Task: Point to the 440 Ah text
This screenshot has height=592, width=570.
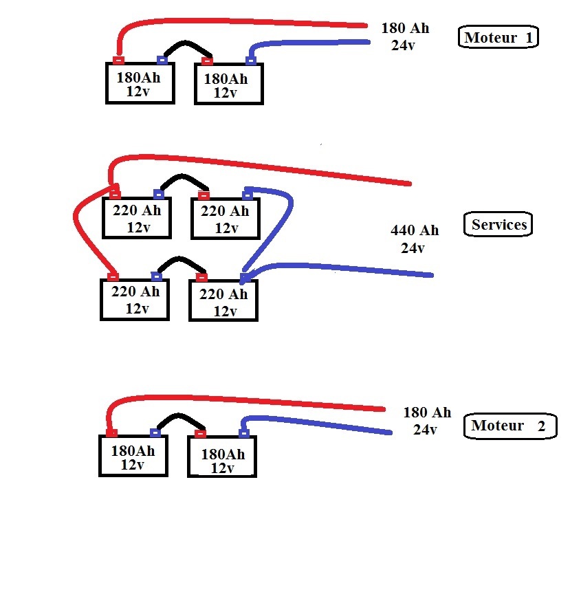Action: tap(415, 230)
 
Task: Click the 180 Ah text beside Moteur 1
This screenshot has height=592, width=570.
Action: tap(405, 28)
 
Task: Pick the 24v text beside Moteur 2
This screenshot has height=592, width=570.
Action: tap(425, 430)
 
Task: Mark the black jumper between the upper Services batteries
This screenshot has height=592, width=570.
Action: tap(183, 176)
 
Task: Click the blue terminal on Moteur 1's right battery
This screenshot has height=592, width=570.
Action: tap(251, 60)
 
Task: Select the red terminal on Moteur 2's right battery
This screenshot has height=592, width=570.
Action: tap(200, 433)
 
